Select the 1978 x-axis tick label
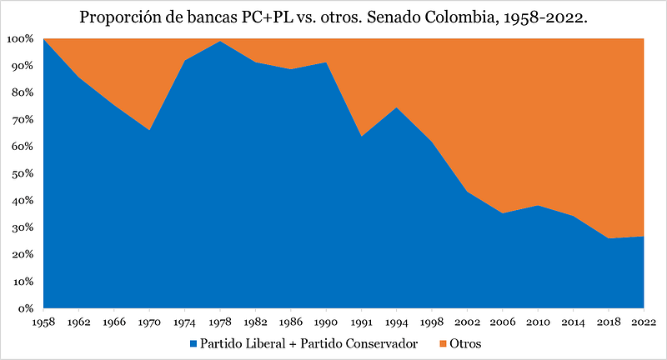pos(219,322)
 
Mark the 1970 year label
pos(148,322)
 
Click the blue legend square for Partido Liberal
pos(194,343)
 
